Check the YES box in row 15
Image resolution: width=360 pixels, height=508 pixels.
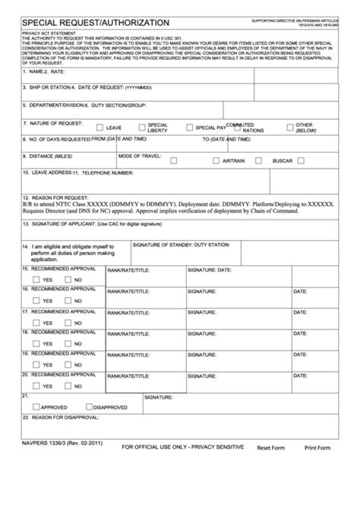click(x=36, y=279)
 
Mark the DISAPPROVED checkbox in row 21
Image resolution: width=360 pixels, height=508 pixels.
click(x=89, y=406)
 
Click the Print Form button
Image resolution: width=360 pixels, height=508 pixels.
click(x=317, y=448)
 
